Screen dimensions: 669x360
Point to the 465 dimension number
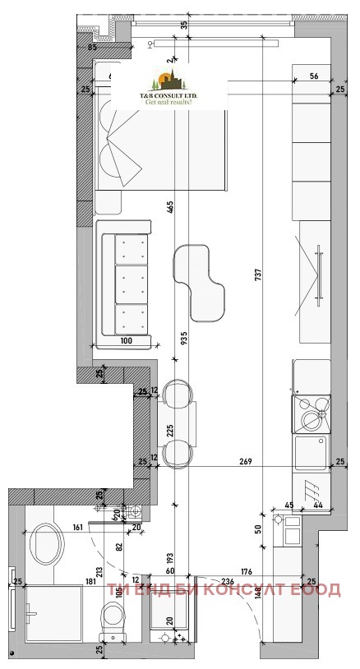170,207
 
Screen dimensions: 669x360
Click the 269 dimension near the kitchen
245,462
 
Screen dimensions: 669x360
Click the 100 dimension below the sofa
126,340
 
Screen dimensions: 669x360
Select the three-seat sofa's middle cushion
131,284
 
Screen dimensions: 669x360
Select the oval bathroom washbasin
46,544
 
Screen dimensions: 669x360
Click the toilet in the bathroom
111,618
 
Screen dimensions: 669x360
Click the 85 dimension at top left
92,47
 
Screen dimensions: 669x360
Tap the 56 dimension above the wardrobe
313,76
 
